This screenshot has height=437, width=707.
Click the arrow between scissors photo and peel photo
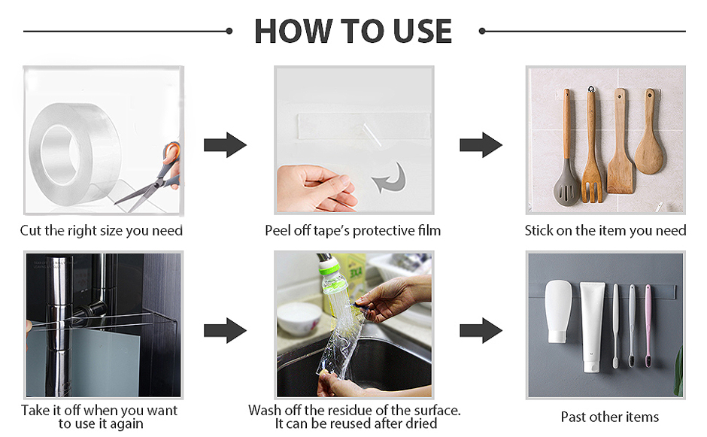coord(225,144)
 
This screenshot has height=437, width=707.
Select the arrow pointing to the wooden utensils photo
coord(481,144)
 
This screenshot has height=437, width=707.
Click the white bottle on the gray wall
coord(558,311)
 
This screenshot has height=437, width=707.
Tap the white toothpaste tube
coord(592,327)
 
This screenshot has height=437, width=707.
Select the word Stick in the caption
coord(539,230)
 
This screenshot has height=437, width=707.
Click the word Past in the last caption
coord(574,417)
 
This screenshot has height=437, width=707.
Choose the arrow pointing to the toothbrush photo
coord(481,330)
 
